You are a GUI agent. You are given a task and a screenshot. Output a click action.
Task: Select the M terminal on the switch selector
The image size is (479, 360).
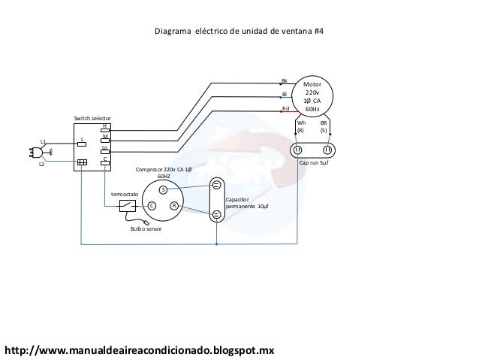coord(104,140)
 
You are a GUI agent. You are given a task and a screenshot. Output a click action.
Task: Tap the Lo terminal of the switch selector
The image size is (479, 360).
coord(104,151)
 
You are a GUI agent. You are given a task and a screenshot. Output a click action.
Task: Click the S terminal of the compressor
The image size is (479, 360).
coord(162,190)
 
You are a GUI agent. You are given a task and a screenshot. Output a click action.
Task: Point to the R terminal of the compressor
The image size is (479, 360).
coord(173,205)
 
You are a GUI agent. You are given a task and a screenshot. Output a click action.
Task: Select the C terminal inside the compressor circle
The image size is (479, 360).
coord(151,205)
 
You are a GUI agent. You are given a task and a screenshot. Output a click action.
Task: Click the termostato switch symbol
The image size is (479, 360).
coord(128,205)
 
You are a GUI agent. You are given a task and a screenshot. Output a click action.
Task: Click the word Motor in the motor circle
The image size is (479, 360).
coord(312,86)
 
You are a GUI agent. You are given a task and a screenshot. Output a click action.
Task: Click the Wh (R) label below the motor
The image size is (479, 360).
coord(301,126)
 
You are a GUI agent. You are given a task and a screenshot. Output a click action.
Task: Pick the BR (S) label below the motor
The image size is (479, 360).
coord(324,126)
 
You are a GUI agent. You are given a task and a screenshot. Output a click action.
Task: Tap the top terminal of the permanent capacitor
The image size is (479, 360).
coord(216,184)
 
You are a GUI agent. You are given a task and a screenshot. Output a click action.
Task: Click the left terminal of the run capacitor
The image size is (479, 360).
coord(298,150)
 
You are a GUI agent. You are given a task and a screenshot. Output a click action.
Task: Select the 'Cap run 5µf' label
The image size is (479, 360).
coord(314,162)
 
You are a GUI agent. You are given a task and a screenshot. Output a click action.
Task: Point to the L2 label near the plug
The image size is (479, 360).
coord(42,164)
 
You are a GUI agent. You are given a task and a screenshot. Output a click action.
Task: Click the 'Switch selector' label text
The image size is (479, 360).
coord(92,119)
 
